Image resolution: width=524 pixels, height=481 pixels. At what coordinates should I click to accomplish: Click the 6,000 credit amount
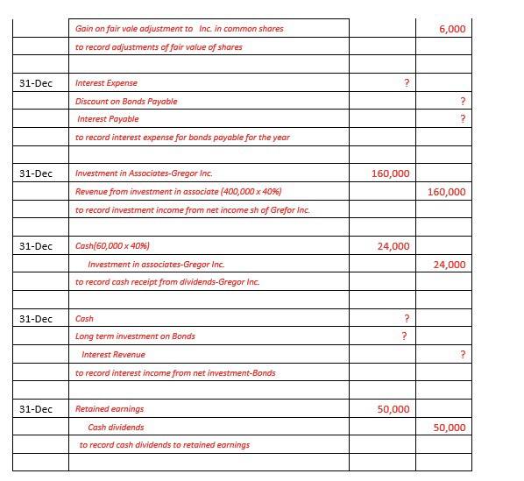pyautogui.click(x=452, y=29)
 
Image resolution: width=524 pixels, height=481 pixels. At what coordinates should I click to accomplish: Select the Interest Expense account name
pyautogui.click(x=106, y=83)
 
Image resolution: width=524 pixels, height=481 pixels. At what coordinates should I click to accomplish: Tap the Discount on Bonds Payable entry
pyautogui.click(x=126, y=101)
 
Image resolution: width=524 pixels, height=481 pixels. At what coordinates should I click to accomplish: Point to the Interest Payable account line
pyautogui.click(x=108, y=118)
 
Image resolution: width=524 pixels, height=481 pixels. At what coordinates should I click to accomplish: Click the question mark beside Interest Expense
pyautogui.click(x=406, y=83)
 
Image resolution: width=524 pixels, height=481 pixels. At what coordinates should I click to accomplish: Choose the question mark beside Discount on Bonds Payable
pyautogui.click(x=462, y=101)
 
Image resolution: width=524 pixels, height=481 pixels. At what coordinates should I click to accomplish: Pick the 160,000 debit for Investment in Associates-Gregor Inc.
pyautogui.click(x=390, y=173)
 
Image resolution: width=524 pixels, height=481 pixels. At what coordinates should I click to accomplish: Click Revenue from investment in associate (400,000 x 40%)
pyautogui.click(x=178, y=191)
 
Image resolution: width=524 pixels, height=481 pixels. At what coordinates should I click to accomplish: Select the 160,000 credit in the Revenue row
pyautogui.click(x=447, y=191)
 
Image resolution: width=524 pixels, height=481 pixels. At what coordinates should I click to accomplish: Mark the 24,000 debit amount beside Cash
pyautogui.click(x=393, y=246)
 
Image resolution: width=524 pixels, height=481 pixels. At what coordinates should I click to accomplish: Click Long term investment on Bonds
pyautogui.click(x=135, y=336)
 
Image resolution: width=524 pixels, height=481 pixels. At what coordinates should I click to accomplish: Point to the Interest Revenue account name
pyautogui.click(x=113, y=354)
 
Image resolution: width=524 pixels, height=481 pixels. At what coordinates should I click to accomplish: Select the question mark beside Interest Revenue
pyautogui.click(x=462, y=354)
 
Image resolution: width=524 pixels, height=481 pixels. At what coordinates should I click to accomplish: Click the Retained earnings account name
pyautogui.click(x=110, y=408)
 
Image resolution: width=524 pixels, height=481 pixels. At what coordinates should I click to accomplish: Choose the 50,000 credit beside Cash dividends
pyautogui.click(x=450, y=427)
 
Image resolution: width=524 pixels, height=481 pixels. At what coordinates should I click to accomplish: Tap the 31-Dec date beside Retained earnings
pyautogui.click(x=35, y=409)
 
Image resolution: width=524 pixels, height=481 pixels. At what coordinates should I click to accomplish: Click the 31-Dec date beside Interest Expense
pyautogui.click(x=35, y=83)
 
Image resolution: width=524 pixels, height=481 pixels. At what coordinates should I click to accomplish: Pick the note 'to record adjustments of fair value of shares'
pyautogui.click(x=159, y=46)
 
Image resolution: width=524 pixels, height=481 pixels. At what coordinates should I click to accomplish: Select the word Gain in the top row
pyautogui.click(x=84, y=29)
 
